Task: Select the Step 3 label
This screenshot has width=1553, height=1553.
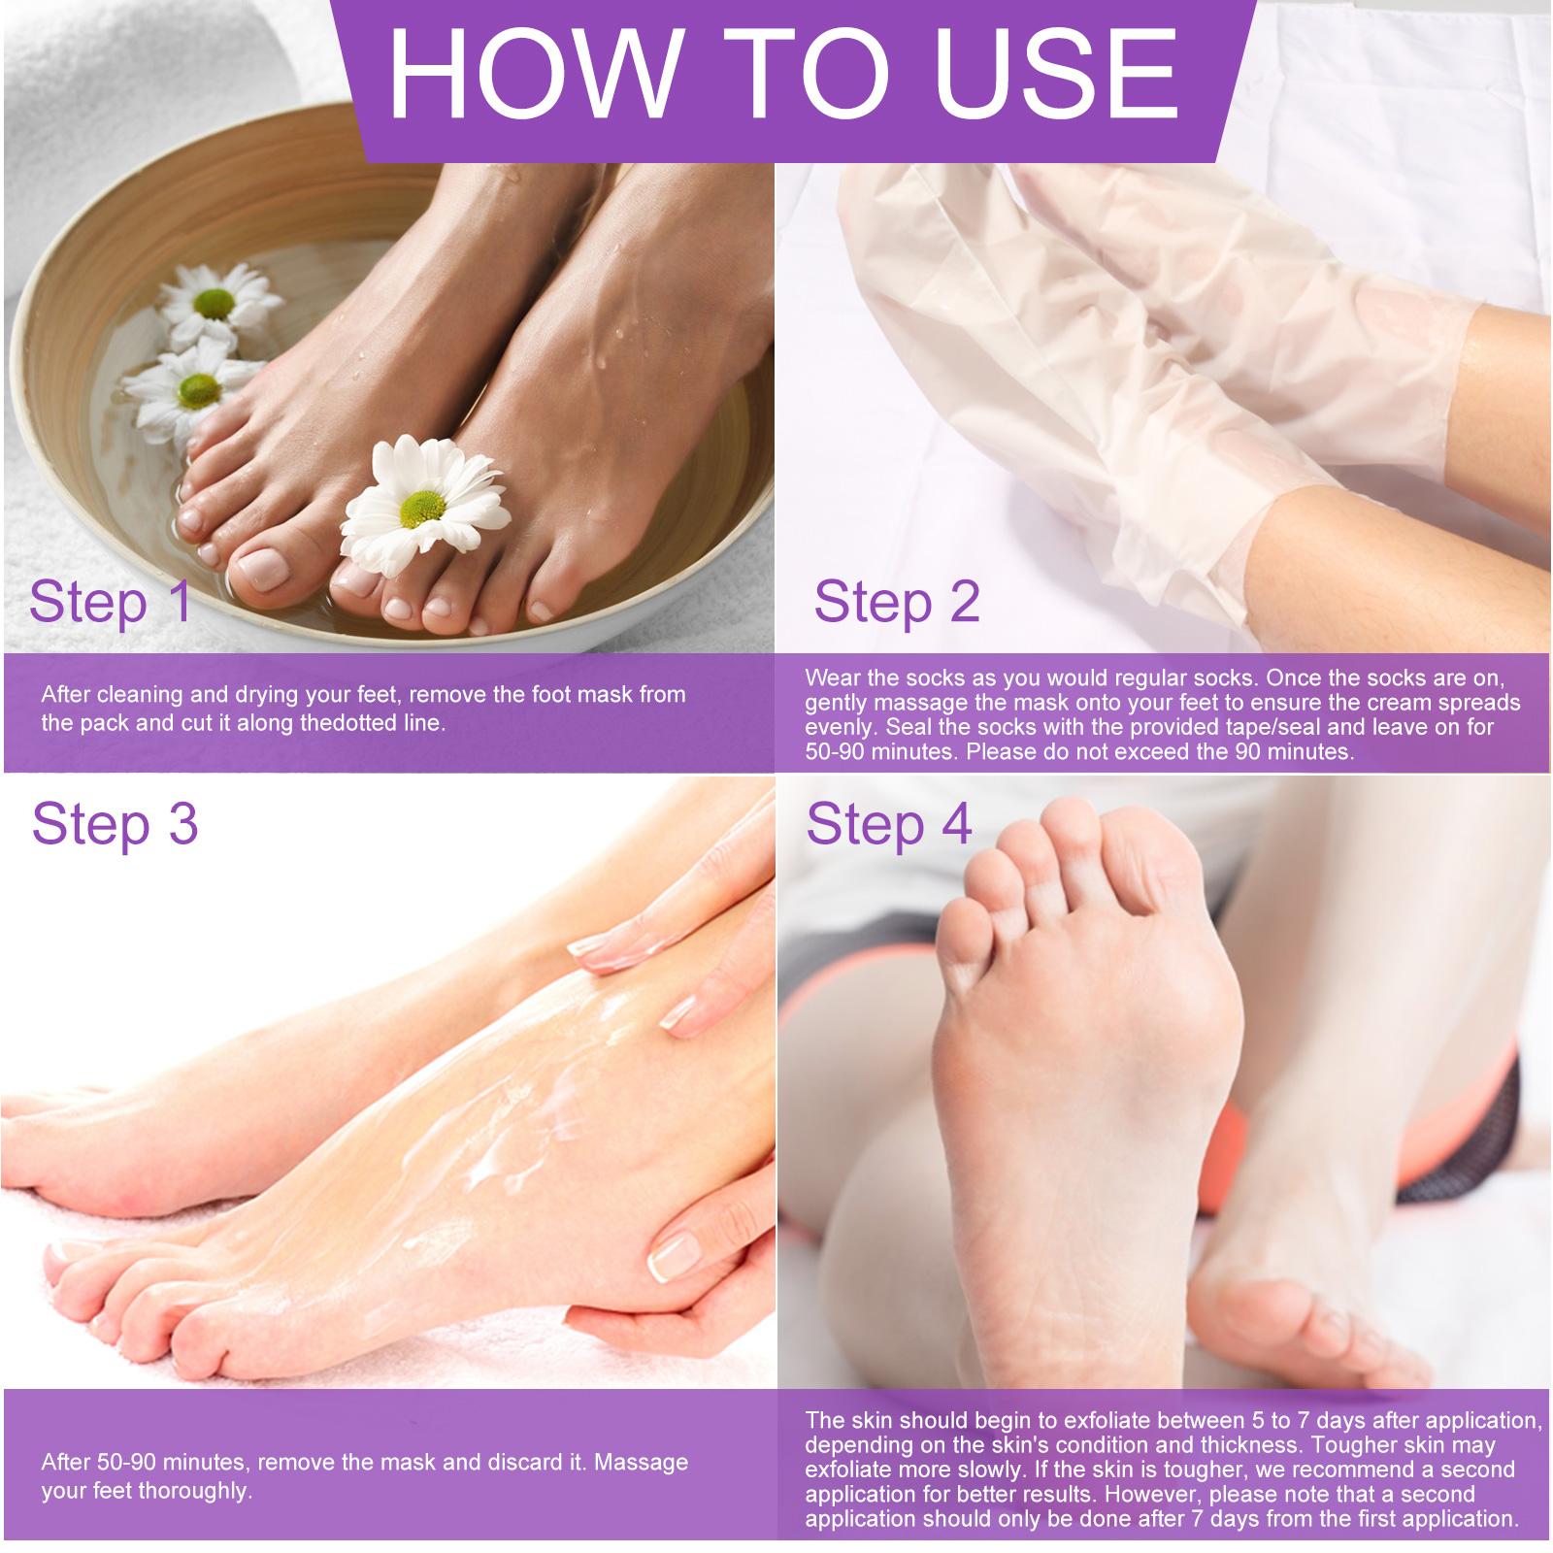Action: [x=115, y=825]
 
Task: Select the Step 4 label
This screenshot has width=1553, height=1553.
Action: [x=888, y=825]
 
